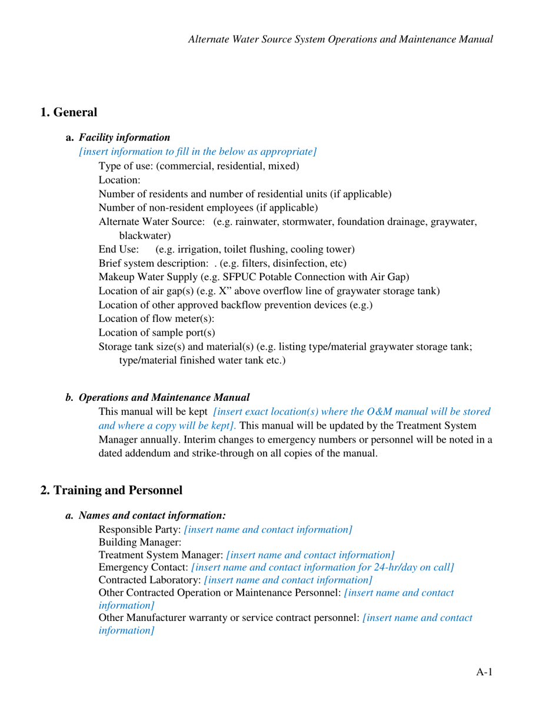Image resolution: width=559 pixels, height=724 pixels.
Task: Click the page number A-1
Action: pyautogui.click(x=484, y=673)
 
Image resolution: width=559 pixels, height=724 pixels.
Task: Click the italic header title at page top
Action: pyautogui.click(x=340, y=39)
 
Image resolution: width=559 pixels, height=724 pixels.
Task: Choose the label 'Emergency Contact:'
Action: pyautogui.click(x=144, y=567)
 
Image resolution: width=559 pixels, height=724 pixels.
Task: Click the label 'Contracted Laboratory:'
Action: pyautogui.click(x=149, y=580)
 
